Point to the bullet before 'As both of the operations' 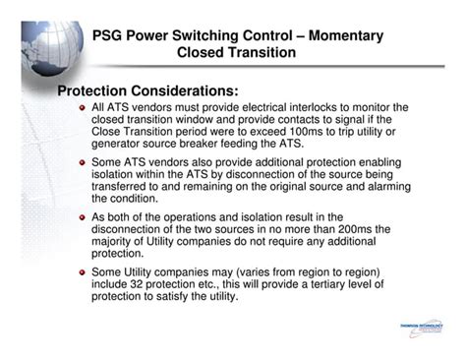point(83,216)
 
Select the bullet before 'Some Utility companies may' point(83,270)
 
